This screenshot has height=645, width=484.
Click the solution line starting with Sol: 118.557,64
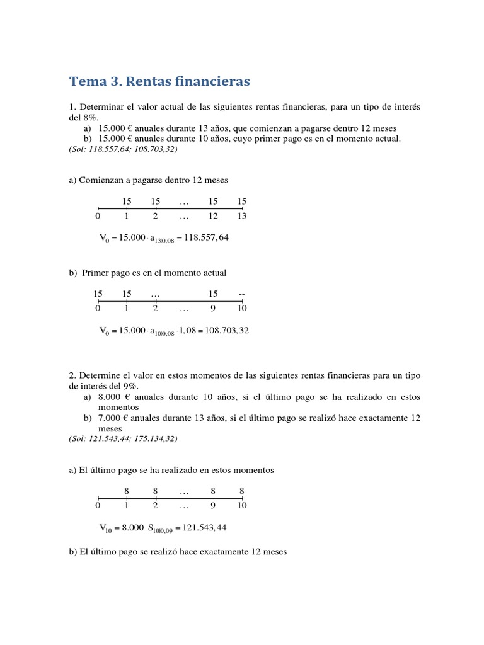click(x=123, y=149)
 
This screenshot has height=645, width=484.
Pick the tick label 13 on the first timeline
click(x=242, y=216)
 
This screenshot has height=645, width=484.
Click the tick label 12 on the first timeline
click(x=213, y=216)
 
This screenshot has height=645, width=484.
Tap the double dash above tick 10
click(x=242, y=294)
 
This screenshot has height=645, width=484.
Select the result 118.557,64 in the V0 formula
click(x=206, y=237)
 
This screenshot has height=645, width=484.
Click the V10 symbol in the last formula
click(x=105, y=528)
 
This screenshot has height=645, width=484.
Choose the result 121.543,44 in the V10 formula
click(x=204, y=527)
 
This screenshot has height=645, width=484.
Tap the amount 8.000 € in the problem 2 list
click(x=113, y=397)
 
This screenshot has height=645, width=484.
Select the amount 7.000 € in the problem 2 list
click(x=113, y=418)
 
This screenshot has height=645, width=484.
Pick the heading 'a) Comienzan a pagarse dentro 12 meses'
click(x=148, y=180)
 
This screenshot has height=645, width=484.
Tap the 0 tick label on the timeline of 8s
click(x=98, y=505)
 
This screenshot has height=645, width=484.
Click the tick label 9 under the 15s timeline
click(x=213, y=309)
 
